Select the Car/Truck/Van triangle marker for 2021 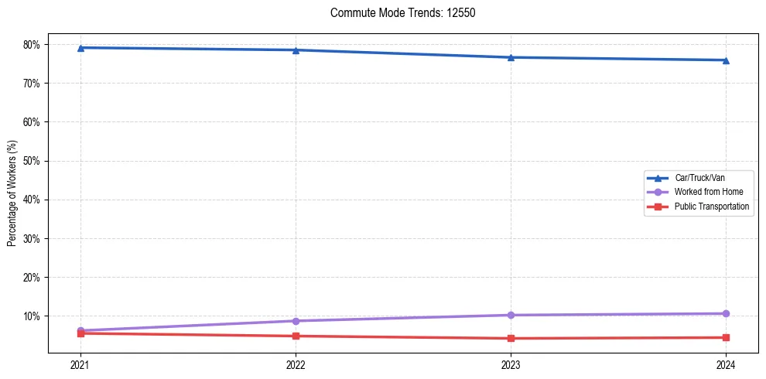[x=80, y=48]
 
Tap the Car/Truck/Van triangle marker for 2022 [x=296, y=50]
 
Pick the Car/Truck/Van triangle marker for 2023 [x=511, y=57]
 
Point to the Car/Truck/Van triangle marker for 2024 [x=726, y=60]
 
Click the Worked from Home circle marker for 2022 [x=296, y=321]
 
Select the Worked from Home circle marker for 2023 [x=511, y=315]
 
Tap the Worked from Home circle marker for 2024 [x=726, y=313]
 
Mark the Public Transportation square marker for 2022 [x=296, y=336]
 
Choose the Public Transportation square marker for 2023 [x=511, y=338]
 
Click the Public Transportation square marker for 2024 [x=726, y=337]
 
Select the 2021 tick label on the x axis [x=80, y=364]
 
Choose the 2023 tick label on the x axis [x=511, y=364]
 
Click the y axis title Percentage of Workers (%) [x=12, y=193]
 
